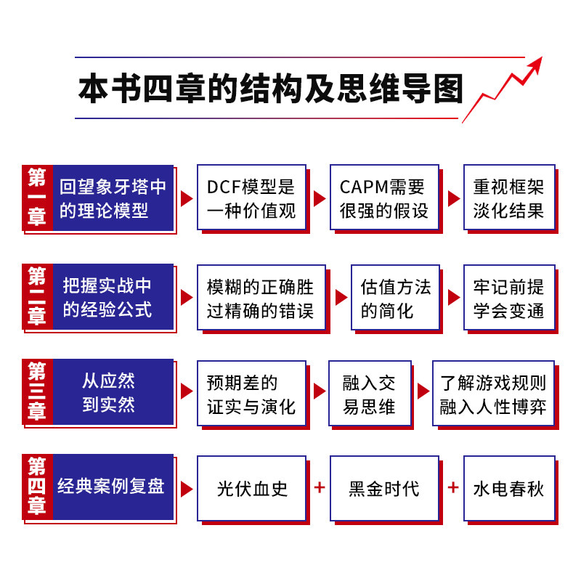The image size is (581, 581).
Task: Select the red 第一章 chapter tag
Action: pyautogui.click(x=37, y=198)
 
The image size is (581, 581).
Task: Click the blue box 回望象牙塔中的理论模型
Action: pyautogui.click(x=113, y=198)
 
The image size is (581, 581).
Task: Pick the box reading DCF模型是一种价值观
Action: pyautogui.click(x=251, y=198)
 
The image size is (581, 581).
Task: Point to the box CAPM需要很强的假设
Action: pyautogui.click(x=384, y=198)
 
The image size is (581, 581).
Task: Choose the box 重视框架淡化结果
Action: pyautogui.click(x=508, y=198)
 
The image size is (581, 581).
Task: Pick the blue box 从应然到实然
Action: pyautogui.click(x=113, y=392)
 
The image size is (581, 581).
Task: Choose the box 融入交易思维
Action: pyautogui.click(x=369, y=392)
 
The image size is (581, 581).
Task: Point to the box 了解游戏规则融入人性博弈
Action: pyautogui.click(x=493, y=392)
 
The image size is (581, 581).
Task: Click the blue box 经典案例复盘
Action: pyautogui.click(x=113, y=487)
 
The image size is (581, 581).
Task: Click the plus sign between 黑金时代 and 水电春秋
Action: pyautogui.click(x=452, y=487)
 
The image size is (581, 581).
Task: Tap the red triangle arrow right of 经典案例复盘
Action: pyautogui.click(x=187, y=487)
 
